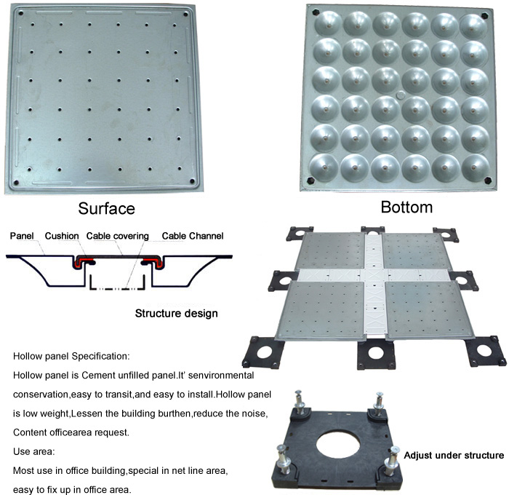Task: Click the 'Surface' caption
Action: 106,208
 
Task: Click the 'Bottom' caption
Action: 406,207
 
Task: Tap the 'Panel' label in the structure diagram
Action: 22,236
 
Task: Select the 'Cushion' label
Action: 62,236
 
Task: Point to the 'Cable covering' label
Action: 118,236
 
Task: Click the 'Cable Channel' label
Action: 193,236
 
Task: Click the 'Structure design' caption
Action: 176,313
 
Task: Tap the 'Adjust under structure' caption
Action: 454,456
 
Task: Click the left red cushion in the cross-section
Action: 85,261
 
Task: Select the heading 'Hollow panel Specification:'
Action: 71,356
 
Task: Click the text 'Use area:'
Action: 33,451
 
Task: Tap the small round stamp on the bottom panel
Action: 401,95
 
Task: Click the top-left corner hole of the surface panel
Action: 21,13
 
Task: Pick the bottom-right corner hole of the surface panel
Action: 192,181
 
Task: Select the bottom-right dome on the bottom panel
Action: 476,168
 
